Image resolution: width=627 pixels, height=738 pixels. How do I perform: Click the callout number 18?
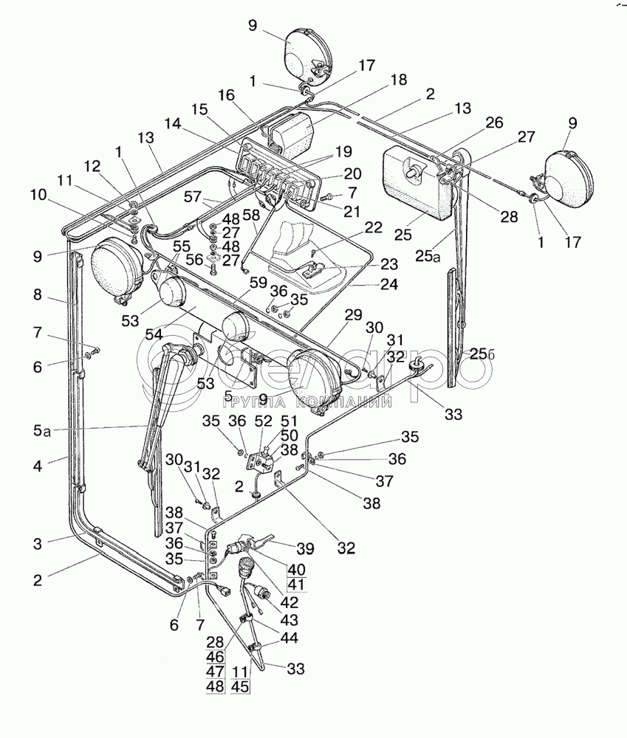[399, 80]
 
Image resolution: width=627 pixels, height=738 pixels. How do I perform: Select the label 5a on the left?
[41, 430]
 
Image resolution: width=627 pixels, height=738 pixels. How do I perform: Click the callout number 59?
[258, 284]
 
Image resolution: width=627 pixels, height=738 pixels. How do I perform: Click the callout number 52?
[264, 421]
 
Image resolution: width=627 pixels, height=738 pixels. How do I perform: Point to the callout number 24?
[389, 284]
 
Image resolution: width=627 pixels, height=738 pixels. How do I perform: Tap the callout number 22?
[374, 227]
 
